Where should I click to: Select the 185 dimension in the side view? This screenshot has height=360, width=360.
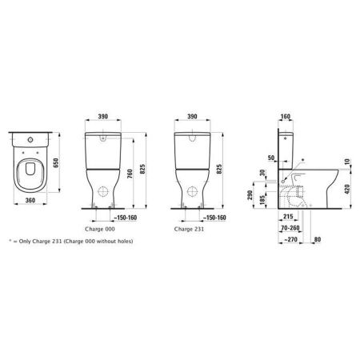[263, 204]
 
